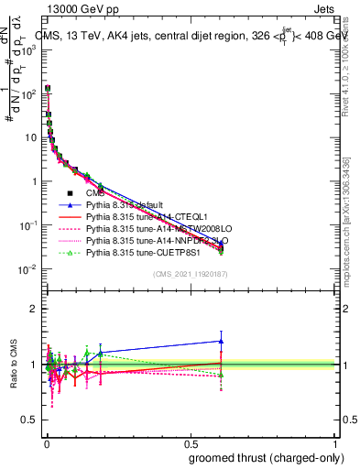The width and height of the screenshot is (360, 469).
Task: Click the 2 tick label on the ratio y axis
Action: click(35, 308)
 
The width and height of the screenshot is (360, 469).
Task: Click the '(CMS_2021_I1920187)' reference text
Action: click(190, 274)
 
